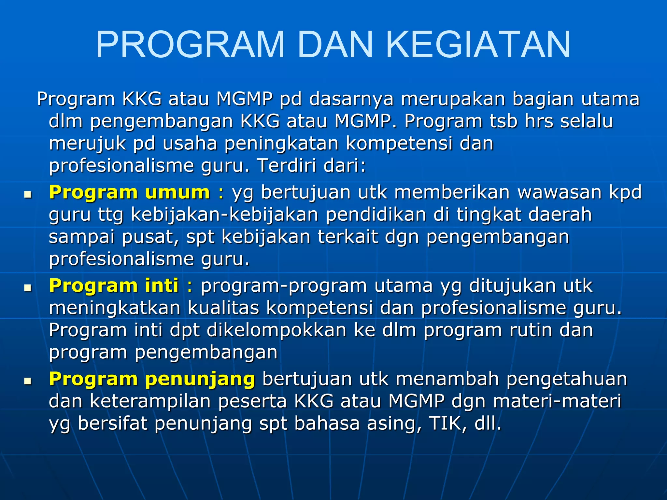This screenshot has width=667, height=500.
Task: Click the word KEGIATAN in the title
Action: (478, 45)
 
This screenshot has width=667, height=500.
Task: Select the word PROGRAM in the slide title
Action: (190, 45)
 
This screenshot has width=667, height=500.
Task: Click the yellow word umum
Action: (177, 192)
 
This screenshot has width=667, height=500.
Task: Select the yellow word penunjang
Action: (200, 380)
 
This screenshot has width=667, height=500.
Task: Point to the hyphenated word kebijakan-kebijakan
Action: (224, 215)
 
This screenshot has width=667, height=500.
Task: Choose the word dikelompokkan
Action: (277, 330)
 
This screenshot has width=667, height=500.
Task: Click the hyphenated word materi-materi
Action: (557, 401)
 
